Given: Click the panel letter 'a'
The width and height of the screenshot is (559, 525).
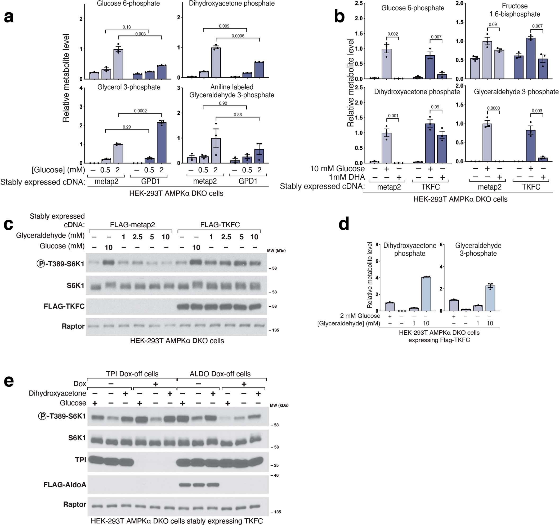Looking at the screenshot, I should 9,17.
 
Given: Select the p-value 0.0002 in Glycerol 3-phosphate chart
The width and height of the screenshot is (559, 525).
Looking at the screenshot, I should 140,111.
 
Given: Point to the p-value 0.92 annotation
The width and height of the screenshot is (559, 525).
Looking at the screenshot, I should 223,103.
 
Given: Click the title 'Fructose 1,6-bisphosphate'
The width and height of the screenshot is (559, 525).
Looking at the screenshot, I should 514,10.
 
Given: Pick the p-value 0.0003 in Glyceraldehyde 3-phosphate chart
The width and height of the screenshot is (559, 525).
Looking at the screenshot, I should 493,108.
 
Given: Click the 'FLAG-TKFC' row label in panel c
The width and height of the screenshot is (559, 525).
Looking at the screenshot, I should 64,306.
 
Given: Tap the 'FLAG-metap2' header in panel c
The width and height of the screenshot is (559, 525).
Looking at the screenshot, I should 132,225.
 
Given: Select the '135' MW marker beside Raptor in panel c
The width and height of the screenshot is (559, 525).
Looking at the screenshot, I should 275,330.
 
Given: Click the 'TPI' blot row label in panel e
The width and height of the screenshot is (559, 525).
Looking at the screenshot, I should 81,460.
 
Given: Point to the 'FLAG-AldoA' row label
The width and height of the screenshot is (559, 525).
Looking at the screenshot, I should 65,485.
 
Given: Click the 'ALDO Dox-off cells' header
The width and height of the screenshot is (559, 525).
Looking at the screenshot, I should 220,374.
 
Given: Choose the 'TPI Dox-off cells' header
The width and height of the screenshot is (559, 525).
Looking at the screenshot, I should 132,374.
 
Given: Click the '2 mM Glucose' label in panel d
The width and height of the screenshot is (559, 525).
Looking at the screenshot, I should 360,316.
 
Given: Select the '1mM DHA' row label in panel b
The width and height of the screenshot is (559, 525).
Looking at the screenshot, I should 347,177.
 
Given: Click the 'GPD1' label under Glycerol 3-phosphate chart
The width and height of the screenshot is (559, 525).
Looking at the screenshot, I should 150,181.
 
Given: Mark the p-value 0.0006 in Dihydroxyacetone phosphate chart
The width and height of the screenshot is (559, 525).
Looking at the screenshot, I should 238,36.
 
